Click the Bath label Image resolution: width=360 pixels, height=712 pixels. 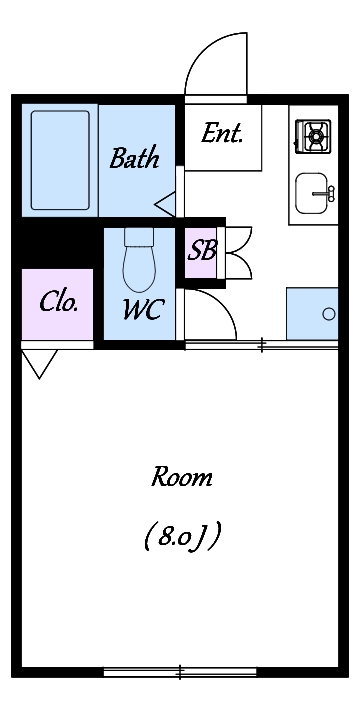click(135, 158)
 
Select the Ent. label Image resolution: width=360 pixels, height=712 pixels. click(222, 134)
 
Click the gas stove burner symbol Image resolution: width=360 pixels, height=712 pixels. click(313, 135)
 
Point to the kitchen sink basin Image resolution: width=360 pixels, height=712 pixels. click(311, 193)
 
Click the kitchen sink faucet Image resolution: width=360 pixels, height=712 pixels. click(325, 193)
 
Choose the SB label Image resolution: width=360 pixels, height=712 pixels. click(202, 250)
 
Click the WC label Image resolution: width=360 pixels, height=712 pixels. click(142, 311)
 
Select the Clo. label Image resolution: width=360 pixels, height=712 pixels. click(58, 302)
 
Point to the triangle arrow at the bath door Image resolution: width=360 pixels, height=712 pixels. click(165, 204)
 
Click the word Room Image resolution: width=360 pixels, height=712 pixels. click(182, 478)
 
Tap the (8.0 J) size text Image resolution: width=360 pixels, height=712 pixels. click(183, 537)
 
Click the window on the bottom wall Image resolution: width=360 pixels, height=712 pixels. click(180, 672)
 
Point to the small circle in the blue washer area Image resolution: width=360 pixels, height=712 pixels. click(329, 314)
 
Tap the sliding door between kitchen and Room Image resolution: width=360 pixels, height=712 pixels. click(261, 345)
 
